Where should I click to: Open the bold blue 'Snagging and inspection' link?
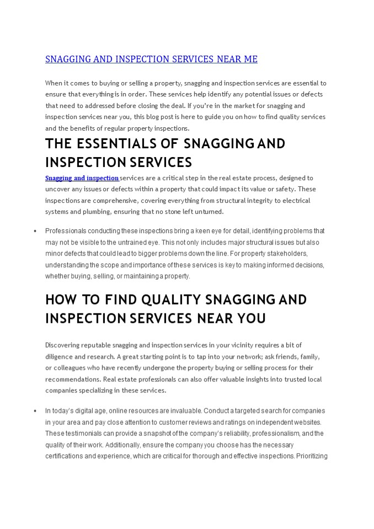(x=82, y=178)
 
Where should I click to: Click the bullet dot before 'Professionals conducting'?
(x=35, y=231)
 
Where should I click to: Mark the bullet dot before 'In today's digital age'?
(x=35, y=411)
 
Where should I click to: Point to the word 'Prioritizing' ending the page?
(x=312, y=456)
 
